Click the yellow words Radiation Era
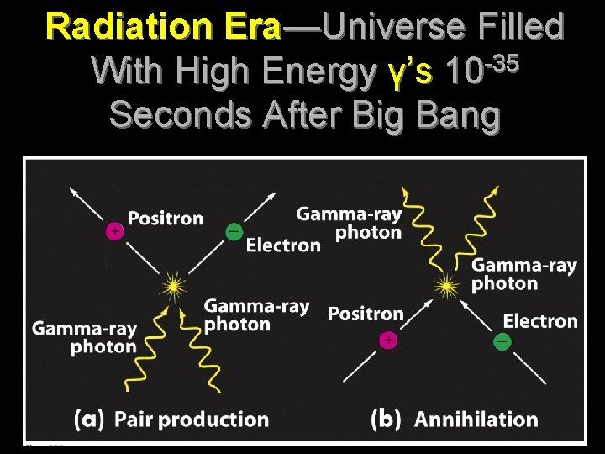[164, 27]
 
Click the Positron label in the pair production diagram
[166, 219]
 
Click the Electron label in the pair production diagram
[283, 245]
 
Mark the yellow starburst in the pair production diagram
[174, 287]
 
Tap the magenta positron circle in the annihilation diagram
[387, 340]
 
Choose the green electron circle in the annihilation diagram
[502, 341]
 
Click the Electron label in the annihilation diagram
[540, 320]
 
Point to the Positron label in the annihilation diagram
[366, 314]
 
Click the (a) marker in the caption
[89, 419]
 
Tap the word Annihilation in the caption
[476, 419]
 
